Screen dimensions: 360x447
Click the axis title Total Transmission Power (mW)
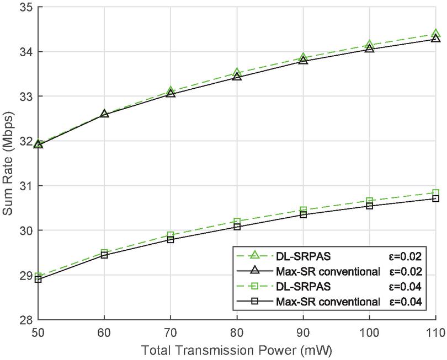click(x=237, y=350)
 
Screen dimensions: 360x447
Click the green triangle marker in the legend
click(x=254, y=255)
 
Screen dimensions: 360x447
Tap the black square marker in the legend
click(x=254, y=302)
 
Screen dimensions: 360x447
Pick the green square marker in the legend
click(x=254, y=286)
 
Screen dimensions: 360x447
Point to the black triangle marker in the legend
click(x=254, y=271)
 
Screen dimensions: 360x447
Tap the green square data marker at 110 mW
click(x=435, y=193)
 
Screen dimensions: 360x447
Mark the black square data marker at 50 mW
click(x=38, y=280)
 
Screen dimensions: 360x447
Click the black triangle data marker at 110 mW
click(x=435, y=38)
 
